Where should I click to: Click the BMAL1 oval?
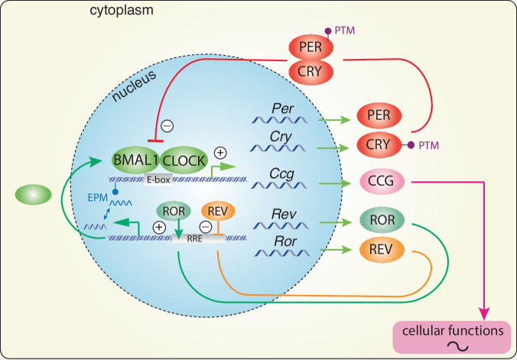tap(135, 161)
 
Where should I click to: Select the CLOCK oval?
tap(184, 161)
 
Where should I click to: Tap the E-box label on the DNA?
tap(158, 180)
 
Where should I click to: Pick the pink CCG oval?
tap(382, 180)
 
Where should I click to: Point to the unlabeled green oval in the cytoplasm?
tap(34, 194)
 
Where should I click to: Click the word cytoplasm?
tap(122, 10)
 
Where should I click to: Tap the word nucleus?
tap(134, 86)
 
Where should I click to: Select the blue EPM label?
tap(98, 197)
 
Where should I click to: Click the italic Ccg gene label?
tap(281, 174)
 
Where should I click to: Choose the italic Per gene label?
tap(282, 109)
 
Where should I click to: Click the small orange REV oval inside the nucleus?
tap(218, 211)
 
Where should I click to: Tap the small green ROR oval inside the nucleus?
tap(174, 211)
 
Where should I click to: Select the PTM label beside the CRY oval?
tap(428, 145)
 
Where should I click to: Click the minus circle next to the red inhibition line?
tap(167, 126)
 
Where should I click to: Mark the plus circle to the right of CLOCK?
tap(220, 153)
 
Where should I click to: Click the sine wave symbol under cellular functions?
tap(458, 345)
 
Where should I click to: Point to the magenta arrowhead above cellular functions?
tap(484, 313)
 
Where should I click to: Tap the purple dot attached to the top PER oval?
tap(328, 31)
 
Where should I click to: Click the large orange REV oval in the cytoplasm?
tap(382, 250)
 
